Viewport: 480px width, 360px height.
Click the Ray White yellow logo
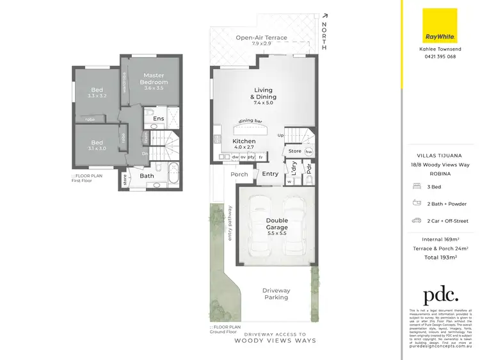click(x=440, y=25)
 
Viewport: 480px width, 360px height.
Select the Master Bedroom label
click(x=155, y=79)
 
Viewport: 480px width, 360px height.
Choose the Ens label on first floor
click(x=159, y=119)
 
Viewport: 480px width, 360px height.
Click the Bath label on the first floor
click(x=147, y=176)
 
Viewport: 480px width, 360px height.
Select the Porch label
click(x=239, y=174)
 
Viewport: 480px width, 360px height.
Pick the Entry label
click(x=270, y=174)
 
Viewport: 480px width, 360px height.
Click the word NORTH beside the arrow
click(x=324, y=36)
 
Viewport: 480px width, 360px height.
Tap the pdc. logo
click(x=440, y=295)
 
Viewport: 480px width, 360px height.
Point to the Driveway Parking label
click(x=276, y=293)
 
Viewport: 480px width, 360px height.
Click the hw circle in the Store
click(x=308, y=152)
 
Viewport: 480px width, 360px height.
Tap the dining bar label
click(x=251, y=121)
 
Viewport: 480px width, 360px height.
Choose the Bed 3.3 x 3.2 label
click(x=97, y=93)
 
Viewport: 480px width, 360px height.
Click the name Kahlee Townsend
click(x=440, y=49)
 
